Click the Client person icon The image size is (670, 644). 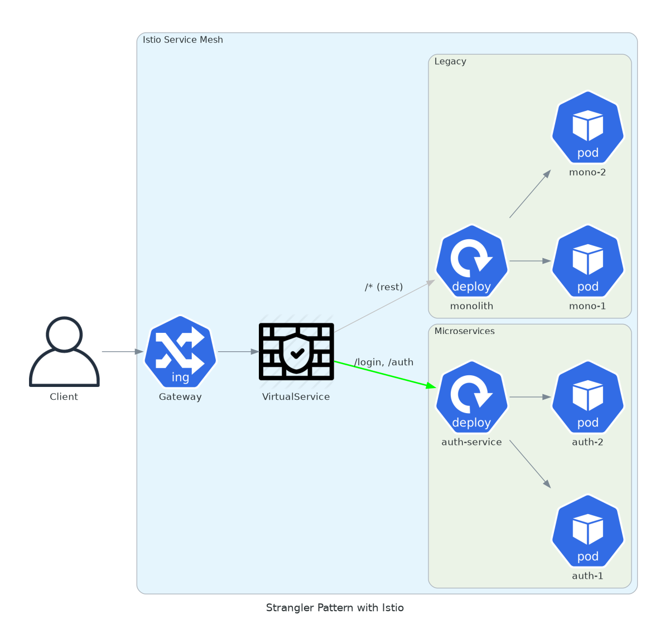coord(64,352)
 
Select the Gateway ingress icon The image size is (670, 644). coord(180,352)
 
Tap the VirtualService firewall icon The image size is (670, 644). coord(296,352)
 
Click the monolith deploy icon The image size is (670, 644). coord(471,261)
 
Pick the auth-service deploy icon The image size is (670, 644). coord(471,397)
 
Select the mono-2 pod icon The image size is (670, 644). coord(587,127)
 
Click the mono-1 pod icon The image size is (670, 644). coord(587,261)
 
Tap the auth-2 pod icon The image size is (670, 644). coord(587,397)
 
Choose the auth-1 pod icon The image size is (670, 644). coord(587,531)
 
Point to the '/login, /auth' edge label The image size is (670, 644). coord(384,362)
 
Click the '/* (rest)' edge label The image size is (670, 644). coord(384,287)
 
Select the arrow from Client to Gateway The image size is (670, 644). coord(122,352)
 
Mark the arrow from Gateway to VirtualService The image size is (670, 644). coord(238,352)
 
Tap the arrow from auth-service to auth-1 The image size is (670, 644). coord(530,464)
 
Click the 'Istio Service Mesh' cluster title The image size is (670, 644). coord(183,40)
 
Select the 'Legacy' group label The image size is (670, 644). coord(450,61)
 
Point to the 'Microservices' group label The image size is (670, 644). coord(465,331)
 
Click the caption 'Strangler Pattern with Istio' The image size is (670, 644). coord(335,608)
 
